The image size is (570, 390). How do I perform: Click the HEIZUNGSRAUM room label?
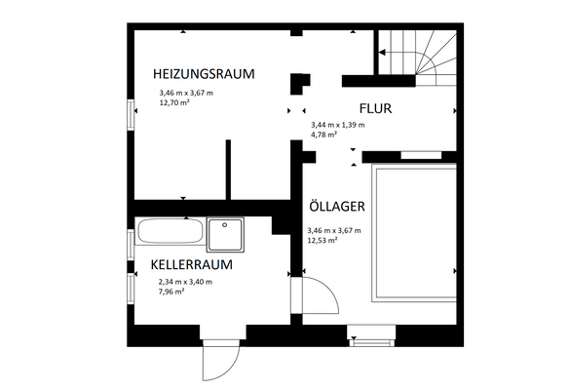click(203, 73)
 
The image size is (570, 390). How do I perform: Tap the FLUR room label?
click(375, 109)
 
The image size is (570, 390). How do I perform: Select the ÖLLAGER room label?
click(336, 207)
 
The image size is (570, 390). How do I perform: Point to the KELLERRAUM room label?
click(191, 263)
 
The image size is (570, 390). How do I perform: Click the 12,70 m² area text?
click(174, 101)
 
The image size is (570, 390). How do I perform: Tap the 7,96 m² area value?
click(172, 291)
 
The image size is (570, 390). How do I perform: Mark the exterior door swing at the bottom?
click(216, 365)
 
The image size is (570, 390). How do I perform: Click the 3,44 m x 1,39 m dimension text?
click(337, 125)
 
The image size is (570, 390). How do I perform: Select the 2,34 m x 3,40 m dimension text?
click(185, 281)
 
